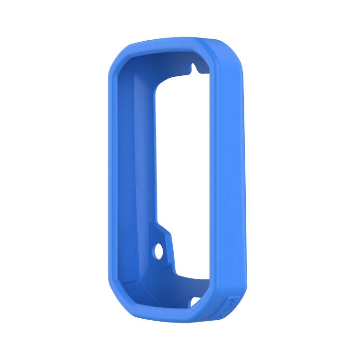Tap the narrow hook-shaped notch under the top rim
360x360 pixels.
(194, 68)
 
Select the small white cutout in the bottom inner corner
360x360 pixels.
(195, 301)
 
